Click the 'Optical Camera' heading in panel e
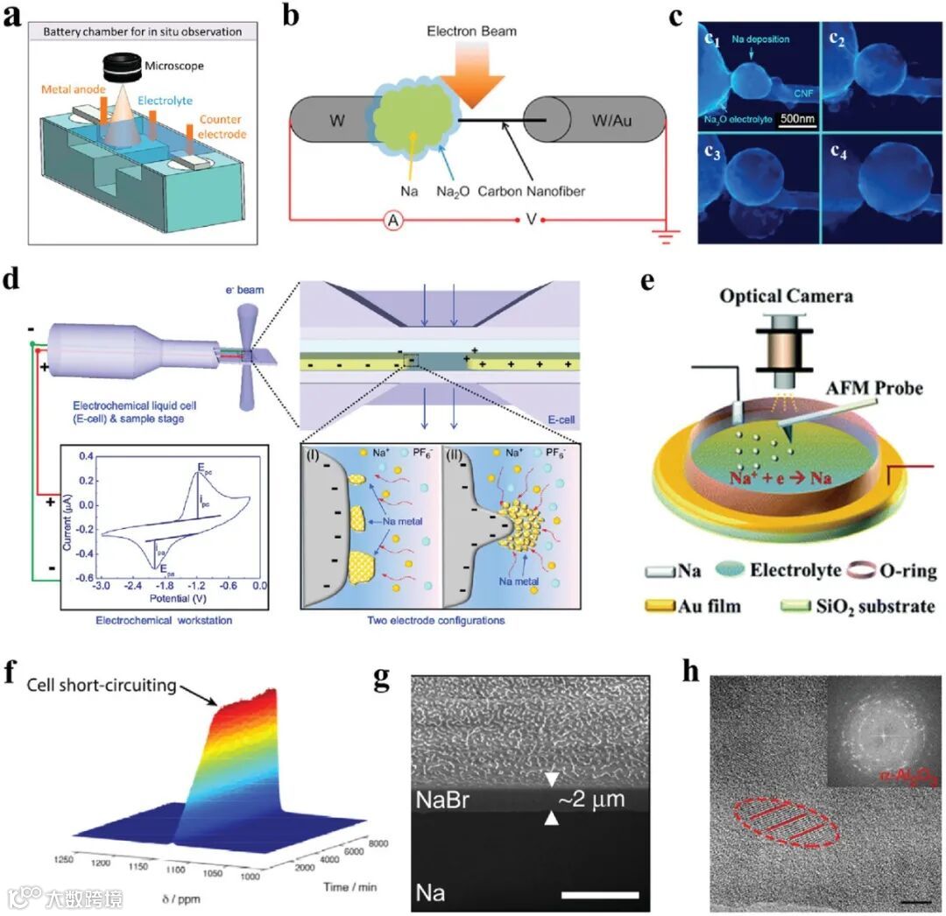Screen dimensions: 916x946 tap(786, 296)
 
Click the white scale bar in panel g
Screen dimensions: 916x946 tap(601, 894)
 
